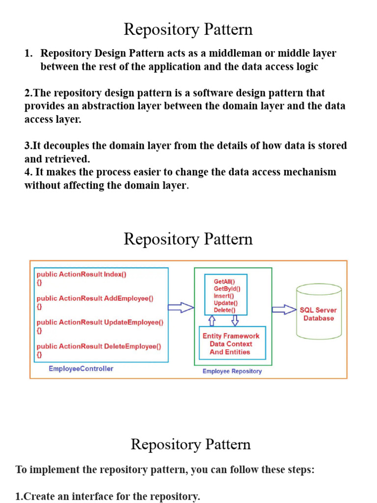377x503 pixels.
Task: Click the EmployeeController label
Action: (x=81, y=368)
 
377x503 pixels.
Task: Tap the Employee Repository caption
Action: (x=232, y=371)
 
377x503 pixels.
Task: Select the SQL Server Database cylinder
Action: (x=318, y=312)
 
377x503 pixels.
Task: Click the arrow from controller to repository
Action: (x=181, y=307)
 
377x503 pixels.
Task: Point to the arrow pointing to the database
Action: (x=284, y=309)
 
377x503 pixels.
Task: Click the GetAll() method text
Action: (x=224, y=281)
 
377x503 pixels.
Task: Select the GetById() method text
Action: (x=227, y=289)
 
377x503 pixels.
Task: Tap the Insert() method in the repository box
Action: (x=224, y=296)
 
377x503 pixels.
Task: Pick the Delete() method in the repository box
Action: (x=224, y=310)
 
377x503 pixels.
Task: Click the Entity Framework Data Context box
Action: (x=231, y=344)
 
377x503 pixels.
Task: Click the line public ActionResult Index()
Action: (x=81, y=275)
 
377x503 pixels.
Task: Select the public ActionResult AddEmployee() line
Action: (x=95, y=298)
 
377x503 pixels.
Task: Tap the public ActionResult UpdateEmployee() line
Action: (x=100, y=322)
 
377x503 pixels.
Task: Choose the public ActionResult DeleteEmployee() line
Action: (x=99, y=346)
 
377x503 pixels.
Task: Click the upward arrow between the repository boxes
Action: (x=212, y=321)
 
